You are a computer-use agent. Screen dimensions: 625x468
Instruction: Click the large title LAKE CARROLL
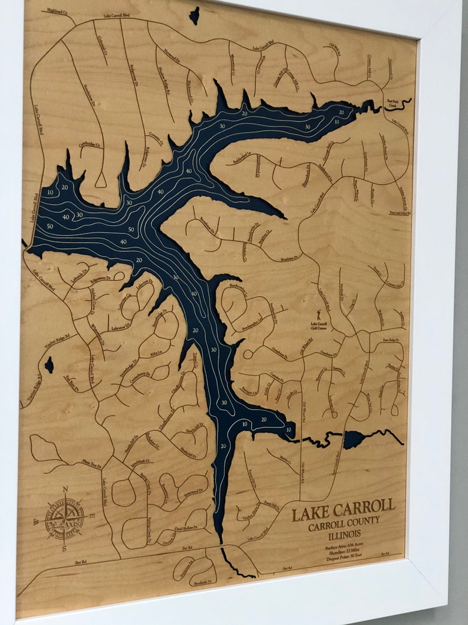pos(343,511)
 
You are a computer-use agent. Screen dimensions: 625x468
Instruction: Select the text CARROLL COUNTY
pos(344,524)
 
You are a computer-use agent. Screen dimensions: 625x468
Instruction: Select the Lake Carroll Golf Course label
pos(321,326)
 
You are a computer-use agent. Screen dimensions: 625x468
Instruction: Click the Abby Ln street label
pos(156,354)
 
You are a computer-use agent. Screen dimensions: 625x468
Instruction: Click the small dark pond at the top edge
pos(194,15)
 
